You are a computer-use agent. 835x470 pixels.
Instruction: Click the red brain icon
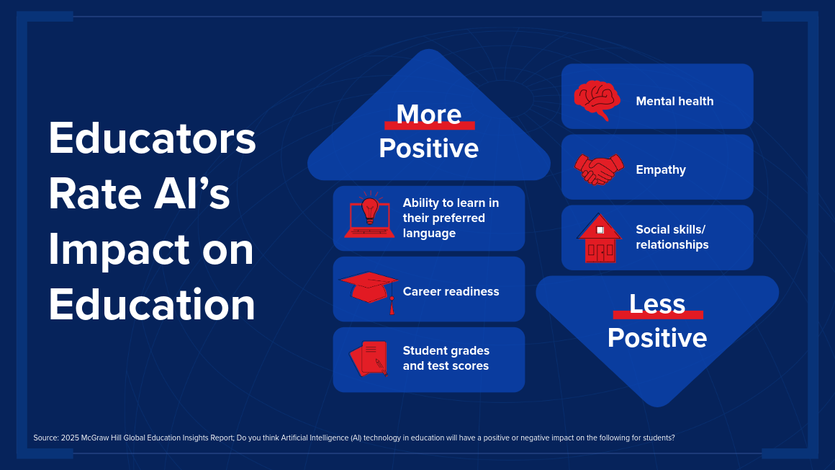point(597,100)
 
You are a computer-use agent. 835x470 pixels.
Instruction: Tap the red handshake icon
point(599,169)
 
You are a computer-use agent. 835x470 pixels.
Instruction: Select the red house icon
point(599,239)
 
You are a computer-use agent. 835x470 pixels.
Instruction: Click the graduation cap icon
point(369,291)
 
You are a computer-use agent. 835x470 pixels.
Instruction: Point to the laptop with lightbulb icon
point(369,215)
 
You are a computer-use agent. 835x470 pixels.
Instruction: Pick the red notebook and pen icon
point(369,358)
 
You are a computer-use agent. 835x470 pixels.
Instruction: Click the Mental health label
point(674,102)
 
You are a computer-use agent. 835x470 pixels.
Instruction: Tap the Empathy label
point(661,169)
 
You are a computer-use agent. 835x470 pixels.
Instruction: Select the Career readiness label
point(451,291)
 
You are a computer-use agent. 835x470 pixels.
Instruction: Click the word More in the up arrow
point(429,114)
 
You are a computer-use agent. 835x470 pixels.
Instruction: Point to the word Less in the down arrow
point(657,304)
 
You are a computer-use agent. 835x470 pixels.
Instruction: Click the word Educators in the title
point(153,138)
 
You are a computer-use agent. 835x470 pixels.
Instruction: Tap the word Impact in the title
point(119,250)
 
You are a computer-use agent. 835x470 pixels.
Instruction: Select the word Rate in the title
point(95,194)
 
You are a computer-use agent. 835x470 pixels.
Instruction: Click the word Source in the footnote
point(46,438)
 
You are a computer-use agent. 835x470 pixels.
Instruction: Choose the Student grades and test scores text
point(446,358)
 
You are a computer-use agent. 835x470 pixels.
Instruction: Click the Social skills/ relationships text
point(672,237)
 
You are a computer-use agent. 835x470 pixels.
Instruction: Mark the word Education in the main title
point(152,305)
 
